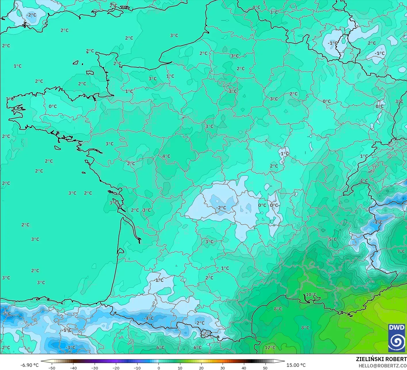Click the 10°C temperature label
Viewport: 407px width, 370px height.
(x=311, y=295)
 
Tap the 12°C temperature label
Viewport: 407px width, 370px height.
(x=270, y=348)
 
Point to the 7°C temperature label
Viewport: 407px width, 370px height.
(x=401, y=251)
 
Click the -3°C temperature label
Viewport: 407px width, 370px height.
(x=70, y=348)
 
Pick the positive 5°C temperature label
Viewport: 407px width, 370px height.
(x=333, y=239)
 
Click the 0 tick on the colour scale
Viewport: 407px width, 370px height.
(x=158, y=368)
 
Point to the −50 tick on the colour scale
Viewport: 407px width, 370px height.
(x=52, y=368)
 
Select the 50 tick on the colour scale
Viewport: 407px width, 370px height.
(x=265, y=368)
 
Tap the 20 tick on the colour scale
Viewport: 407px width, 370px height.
(x=201, y=368)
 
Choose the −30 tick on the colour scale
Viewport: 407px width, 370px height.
(x=94, y=368)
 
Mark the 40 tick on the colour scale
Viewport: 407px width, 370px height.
(x=244, y=368)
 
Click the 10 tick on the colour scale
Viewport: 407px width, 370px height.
(x=180, y=368)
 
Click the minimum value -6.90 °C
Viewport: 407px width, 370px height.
(x=29, y=365)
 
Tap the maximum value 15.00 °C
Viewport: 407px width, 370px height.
(x=296, y=365)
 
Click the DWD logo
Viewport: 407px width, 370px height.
(x=396, y=338)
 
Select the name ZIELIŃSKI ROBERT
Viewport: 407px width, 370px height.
(x=381, y=359)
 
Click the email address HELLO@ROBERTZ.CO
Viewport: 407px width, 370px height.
(x=383, y=365)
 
